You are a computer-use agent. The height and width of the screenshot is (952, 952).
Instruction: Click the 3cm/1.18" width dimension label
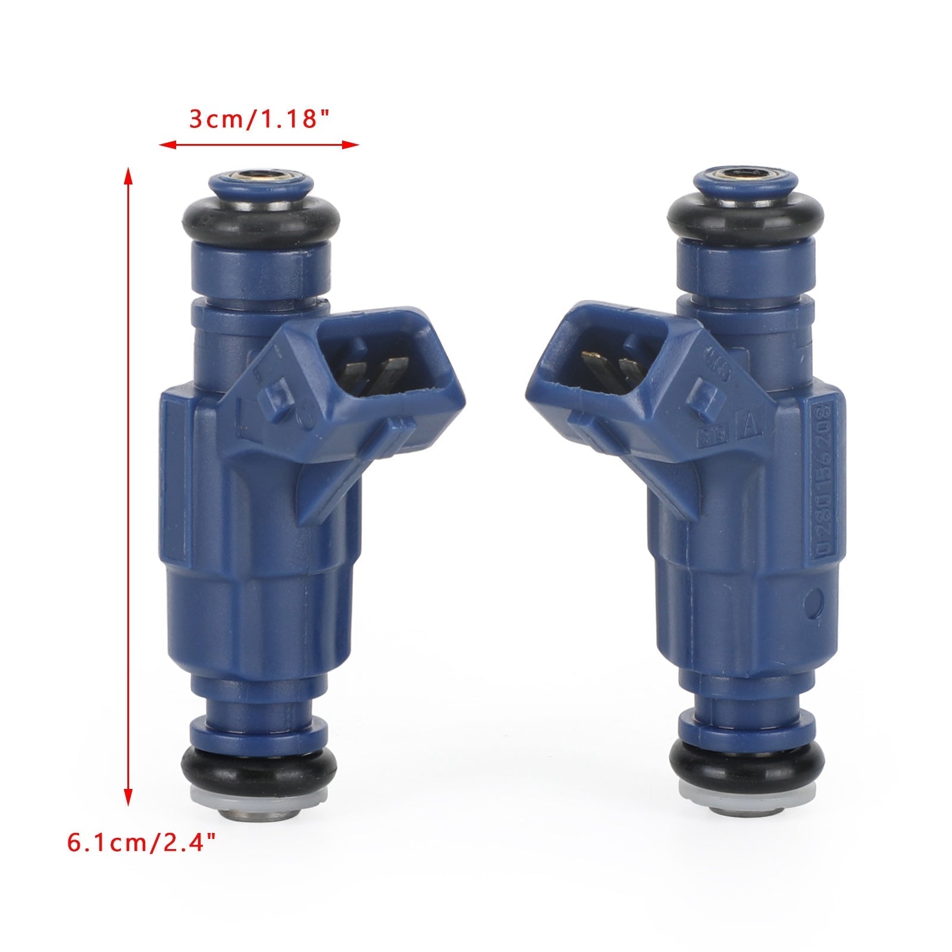pyautogui.click(x=259, y=119)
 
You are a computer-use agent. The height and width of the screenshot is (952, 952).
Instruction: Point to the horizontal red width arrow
pyautogui.click(x=259, y=145)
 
